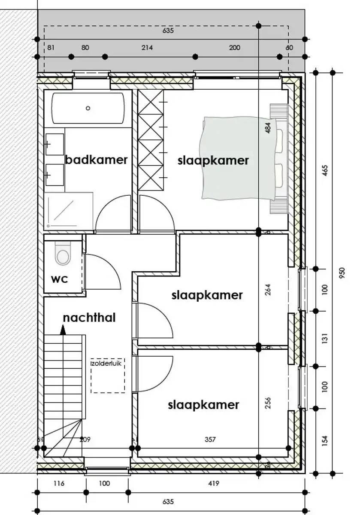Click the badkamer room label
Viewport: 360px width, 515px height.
(x=96, y=160)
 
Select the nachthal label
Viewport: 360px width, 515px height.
(x=89, y=318)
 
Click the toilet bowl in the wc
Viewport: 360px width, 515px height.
(x=63, y=256)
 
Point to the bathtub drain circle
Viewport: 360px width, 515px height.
(x=88, y=108)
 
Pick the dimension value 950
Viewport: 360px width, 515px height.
(x=342, y=274)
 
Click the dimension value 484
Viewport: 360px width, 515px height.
(x=268, y=128)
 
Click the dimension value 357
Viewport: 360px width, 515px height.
(x=210, y=439)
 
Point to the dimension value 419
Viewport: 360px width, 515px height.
(x=214, y=483)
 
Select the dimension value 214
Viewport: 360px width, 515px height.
(x=147, y=48)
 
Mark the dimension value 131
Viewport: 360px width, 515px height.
(x=325, y=339)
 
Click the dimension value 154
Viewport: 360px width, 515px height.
(x=325, y=440)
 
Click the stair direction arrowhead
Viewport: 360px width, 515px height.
(x=63, y=330)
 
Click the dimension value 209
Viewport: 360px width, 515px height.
(x=86, y=439)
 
